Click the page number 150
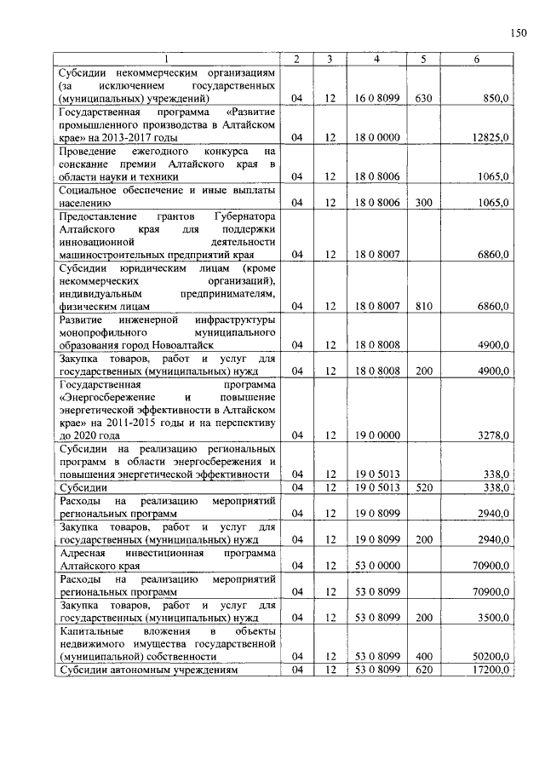(518, 33)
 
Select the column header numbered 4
(376, 59)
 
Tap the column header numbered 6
(477, 59)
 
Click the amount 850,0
(496, 99)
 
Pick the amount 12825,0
(490, 137)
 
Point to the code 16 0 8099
(376, 99)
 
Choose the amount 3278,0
(493, 435)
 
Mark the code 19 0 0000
(376, 435)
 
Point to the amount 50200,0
(490, 656)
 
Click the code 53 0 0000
(376, 565)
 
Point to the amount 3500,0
(493, 617)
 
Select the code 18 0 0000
(376, 137)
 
